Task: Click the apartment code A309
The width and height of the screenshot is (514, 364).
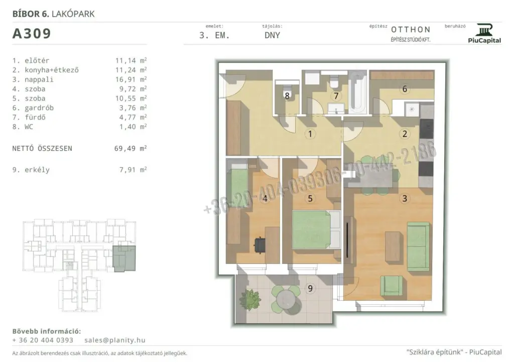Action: pyautogui.click(x=32, y=34)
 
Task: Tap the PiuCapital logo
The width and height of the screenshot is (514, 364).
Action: pyautogui.click(x=484, y=33)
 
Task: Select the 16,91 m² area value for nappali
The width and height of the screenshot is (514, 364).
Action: pyautogui.click(x=131, y=79)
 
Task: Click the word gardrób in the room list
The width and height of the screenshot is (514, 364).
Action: pyautogui.click(x=39, y=108)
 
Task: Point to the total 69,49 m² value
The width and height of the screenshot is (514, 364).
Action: pyautogui.click(x=131, y=148)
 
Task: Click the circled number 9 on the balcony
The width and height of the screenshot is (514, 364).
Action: pyautogui.click(x=310, y=289)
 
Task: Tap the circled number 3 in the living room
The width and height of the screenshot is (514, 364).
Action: pyautogui.click(x=405, y=198)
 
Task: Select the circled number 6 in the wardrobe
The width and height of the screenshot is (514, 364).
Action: pyautogui.click(x=405, y=89)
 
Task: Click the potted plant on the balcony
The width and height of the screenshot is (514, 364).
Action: pyautogui.click(x=250, y=299)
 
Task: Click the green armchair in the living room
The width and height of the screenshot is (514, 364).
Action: pyautogui.click(x=392, y=286)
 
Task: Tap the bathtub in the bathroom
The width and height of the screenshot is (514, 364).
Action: pyautogui.click(x=357, y=93)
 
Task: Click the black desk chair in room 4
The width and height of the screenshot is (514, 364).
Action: pyautogui.click(x=261, y=244)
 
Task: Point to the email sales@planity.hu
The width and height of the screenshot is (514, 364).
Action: pyautogui.click(x=115, y=340)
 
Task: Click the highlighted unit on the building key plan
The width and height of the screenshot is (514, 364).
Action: pyautogui.click(x=124, y=258)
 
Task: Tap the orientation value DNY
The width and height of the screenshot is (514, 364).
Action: pyautogui.click(x=273, y=36)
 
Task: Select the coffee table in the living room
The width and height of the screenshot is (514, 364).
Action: pyautogui.click(x=393, y=247)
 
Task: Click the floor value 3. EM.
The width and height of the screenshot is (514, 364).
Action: pyautogui.click(x=214, y=36)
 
